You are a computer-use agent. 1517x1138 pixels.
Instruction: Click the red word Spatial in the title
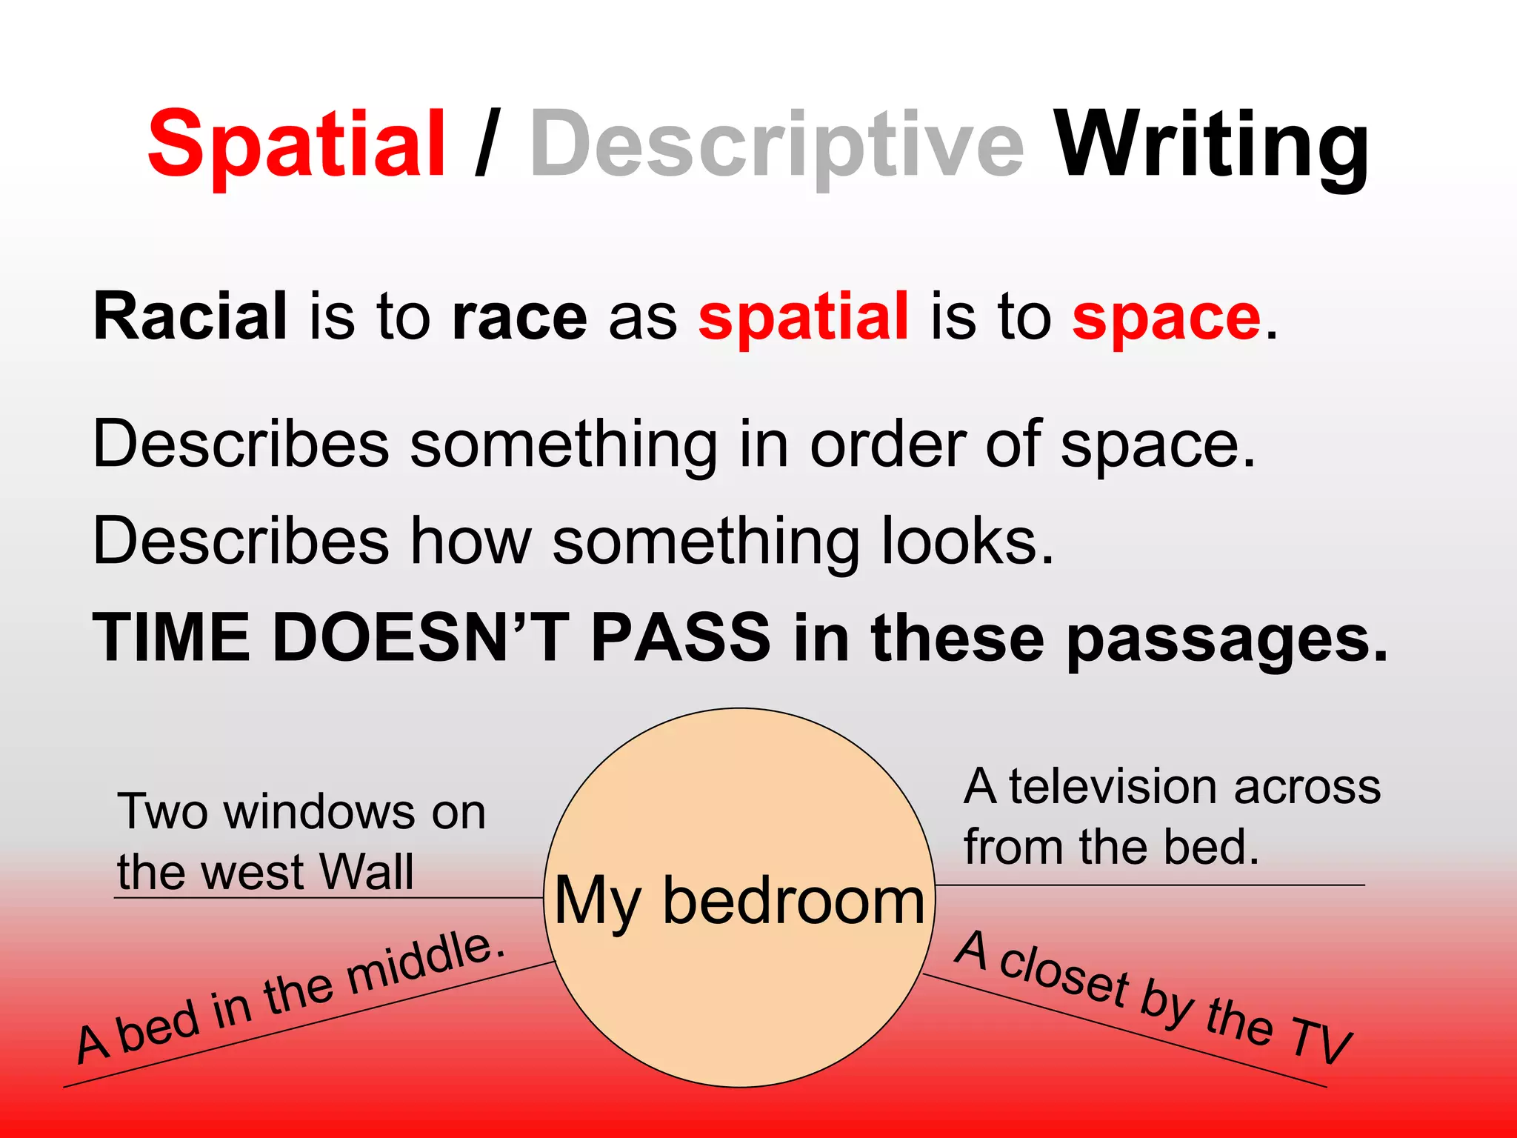point(296,144)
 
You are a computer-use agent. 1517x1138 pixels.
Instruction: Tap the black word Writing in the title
point(1211,144)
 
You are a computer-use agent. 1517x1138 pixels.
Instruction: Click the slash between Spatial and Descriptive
point(487,144)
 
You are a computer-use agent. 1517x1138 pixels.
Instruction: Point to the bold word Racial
point(190,317)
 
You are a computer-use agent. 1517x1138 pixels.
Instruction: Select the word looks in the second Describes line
point(967,541)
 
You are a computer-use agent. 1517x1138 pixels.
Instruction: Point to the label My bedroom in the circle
point(739,901)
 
